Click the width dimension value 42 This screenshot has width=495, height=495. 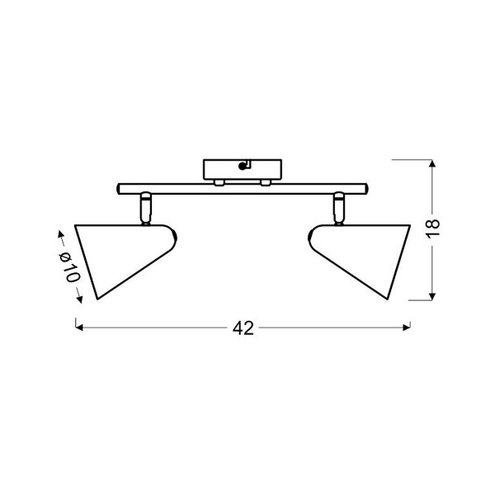click(243, 328)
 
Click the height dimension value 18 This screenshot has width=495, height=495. click(434, 227)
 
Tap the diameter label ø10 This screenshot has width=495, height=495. click(69, 267)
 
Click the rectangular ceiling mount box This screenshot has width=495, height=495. click(243, 169)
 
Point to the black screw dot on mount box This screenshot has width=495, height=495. click(243, 167)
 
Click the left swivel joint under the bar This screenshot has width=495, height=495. click(146, 208)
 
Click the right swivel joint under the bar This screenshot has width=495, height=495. click(339, 208)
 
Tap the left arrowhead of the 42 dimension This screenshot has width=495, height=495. click(79, 328)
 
